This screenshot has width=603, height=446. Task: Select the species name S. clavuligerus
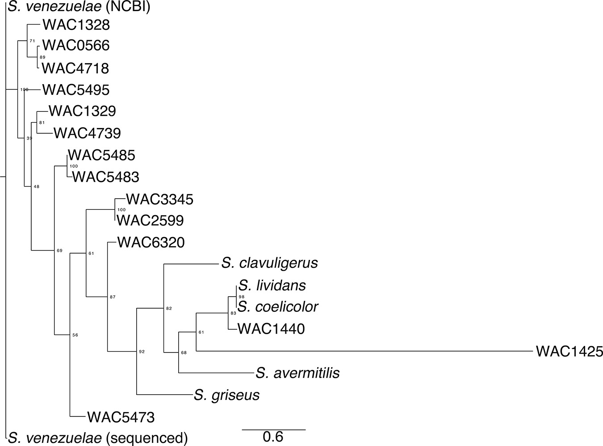pyautogui.click(x=269, y=263)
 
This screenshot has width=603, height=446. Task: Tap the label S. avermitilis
pyautogui.click(x=297, y=373)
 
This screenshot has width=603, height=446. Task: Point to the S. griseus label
pyautogui.click(x=226, y=395)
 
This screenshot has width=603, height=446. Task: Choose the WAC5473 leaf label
pyautogui.click(x=121, y=417)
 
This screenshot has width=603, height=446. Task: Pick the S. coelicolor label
pyautogui.click(x=278, y=307)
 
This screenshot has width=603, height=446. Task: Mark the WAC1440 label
pyautogui.click(x=271, y=329)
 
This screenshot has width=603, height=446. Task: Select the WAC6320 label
pyautogui.click(x=151, y=242)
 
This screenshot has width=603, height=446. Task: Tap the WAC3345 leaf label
pyautogui.click(x=159, y=199)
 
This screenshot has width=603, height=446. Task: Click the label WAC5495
pyautogui.click(x=75, y=90)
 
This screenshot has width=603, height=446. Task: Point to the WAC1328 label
pyautogui.click(x=75, y=25)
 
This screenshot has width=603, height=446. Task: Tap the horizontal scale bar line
pyautogui.click(x=273, y=429)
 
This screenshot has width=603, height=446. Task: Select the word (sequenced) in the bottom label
pyautogui.click(x=147, y=438)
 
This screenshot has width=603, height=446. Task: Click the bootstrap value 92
pyautogui.click(x=142, y=352)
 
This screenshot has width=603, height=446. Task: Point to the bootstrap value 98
pyautogui.click(x=242, y=297)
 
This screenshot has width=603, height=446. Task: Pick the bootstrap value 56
pyautogui.click(x=75, y=335)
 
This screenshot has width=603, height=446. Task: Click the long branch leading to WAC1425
pyautogui.click(x=357, y=351)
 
